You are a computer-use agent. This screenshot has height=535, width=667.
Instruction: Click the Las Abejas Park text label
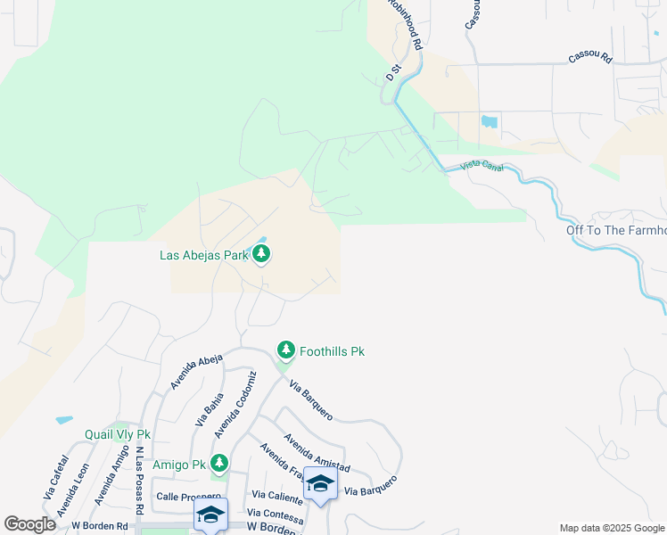click(203, 255)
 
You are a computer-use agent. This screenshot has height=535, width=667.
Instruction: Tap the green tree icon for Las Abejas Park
click(261, 255)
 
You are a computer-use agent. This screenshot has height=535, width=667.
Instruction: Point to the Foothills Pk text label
click(332, 352)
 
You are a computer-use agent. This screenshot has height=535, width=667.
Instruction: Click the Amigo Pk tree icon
click(219, 464)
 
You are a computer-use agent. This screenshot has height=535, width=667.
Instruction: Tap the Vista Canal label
click(482, 166)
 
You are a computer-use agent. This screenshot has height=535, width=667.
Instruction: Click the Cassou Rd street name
click(590, 59)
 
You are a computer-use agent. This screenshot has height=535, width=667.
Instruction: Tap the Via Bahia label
click(208, 416)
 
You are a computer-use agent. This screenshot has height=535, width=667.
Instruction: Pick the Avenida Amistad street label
click(317, 454)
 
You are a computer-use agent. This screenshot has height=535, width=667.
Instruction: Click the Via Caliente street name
click(276, 494)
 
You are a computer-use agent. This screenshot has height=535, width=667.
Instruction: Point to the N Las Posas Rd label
click(140, 480)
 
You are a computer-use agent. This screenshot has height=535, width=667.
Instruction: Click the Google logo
click(29, 524)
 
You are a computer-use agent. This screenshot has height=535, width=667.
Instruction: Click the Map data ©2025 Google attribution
click(611, 528)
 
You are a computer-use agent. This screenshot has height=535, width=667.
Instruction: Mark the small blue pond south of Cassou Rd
click(490, 121)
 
